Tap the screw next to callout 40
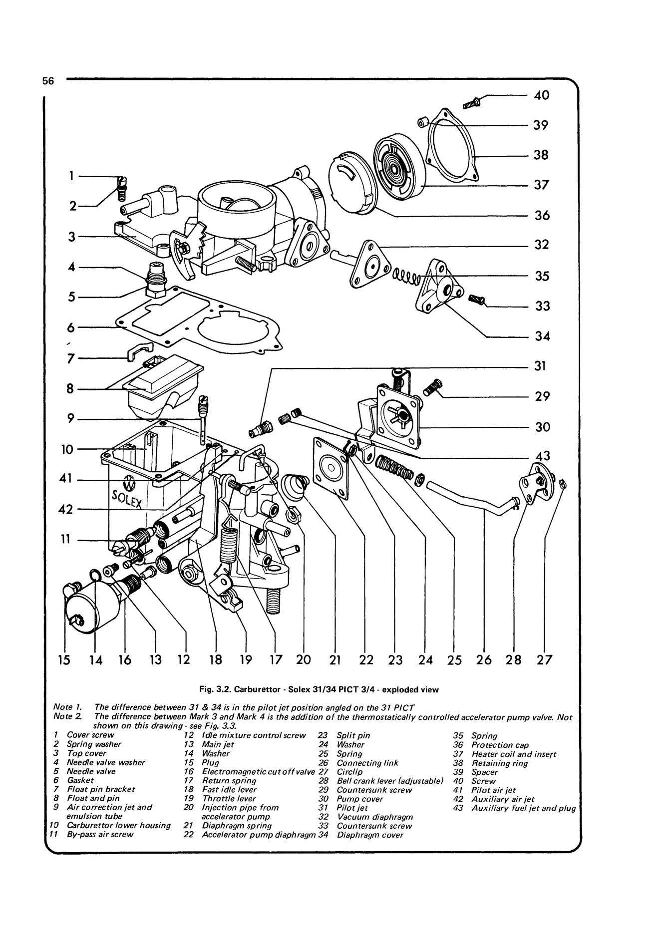pos(471,103)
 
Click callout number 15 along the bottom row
pos(64,660)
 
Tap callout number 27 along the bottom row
pos(544,660)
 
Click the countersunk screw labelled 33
pos(477,300)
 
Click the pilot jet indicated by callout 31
pos(260,428)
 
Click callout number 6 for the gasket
pos(71,327)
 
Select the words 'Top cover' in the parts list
pos(86,753)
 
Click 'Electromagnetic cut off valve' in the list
pos(258,772)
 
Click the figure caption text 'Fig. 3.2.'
pos(214,690)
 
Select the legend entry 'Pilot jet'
pos(352,808)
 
